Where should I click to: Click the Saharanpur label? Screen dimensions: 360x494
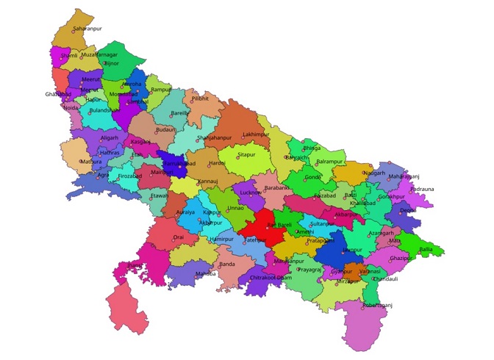tap(87, 27)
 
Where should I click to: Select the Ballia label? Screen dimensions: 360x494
tap(426, 250)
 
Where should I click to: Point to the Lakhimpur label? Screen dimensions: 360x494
tap(257, 134)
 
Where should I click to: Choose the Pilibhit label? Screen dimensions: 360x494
tap(201, 98)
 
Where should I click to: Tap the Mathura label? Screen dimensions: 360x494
tap(91, 161)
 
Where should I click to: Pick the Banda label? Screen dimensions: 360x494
tap(227, 264)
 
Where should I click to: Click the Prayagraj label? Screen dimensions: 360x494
tap(309, 270)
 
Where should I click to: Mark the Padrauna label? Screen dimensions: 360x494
tap(422, 189)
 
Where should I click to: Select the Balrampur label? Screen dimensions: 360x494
tap(330, 162)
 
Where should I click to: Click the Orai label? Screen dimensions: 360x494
tap(179, 237)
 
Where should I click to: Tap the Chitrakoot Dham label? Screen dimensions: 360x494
tap(271, 278)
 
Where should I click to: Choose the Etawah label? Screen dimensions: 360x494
tap(159, 197)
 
